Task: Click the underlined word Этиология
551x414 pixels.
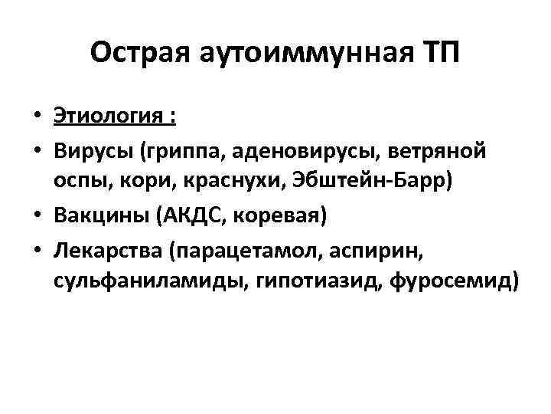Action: click(106, 117)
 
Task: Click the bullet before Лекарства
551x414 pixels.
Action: click(37, 250)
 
